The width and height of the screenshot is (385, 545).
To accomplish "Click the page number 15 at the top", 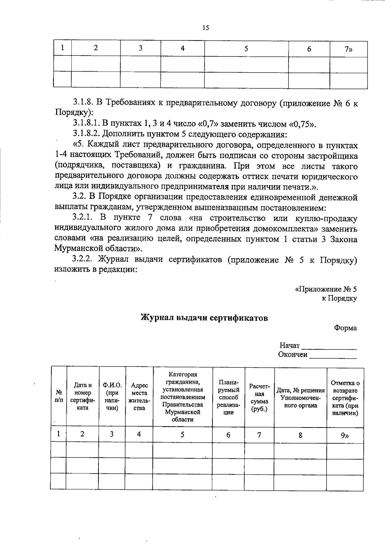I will (x=206, y=28).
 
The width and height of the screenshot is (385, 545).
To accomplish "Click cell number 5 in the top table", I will (x=246, y=49).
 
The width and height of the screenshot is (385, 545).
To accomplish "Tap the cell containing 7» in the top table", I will (x=348, y=49).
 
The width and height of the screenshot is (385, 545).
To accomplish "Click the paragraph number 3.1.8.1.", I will (x=86, y=124).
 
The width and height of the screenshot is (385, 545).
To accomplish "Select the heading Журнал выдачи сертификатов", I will (x=204, y=318).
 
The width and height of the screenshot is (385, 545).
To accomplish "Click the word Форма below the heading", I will (x=345, y=328).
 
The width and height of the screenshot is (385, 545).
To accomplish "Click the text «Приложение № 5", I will (x=326, y=289).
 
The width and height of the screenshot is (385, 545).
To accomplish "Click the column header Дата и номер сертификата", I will (x=82, y=396).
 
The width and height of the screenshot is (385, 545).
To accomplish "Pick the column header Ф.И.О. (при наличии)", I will (x=112, y=396).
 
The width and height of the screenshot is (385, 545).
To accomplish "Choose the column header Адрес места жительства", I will (x=139, y=396).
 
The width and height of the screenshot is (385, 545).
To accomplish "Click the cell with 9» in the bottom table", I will (x=345, y=435).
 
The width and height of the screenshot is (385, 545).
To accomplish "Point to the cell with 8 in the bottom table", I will (x=300, y=435).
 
